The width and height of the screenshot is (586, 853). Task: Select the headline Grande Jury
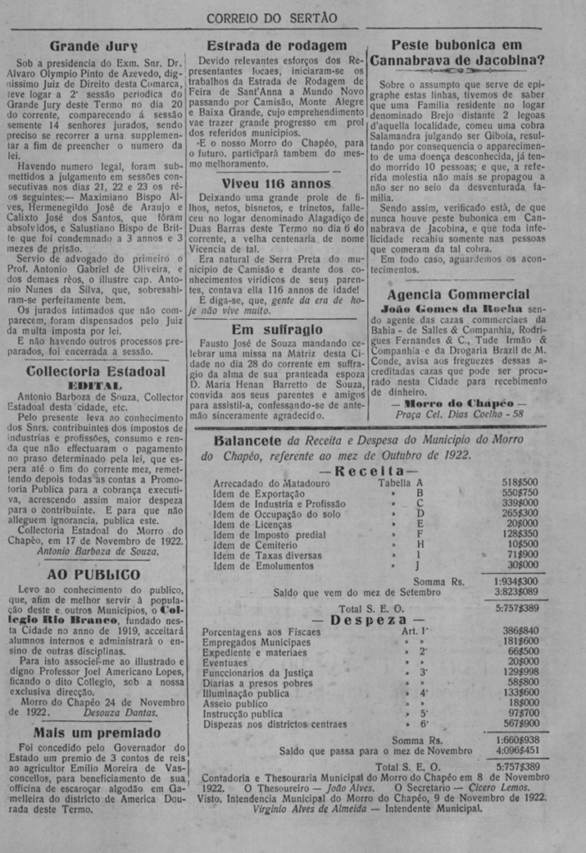click(92, 46)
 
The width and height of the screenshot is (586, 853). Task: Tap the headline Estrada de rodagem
click(276, 46)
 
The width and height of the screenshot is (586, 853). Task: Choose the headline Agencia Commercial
click(458, 294)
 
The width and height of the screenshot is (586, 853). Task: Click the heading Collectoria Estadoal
click(96, 371)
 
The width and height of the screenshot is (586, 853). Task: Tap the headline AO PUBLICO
click(93, 574)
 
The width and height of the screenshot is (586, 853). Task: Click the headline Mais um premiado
click(97, 733)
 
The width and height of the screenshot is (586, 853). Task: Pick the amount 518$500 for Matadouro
click(519, 481)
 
